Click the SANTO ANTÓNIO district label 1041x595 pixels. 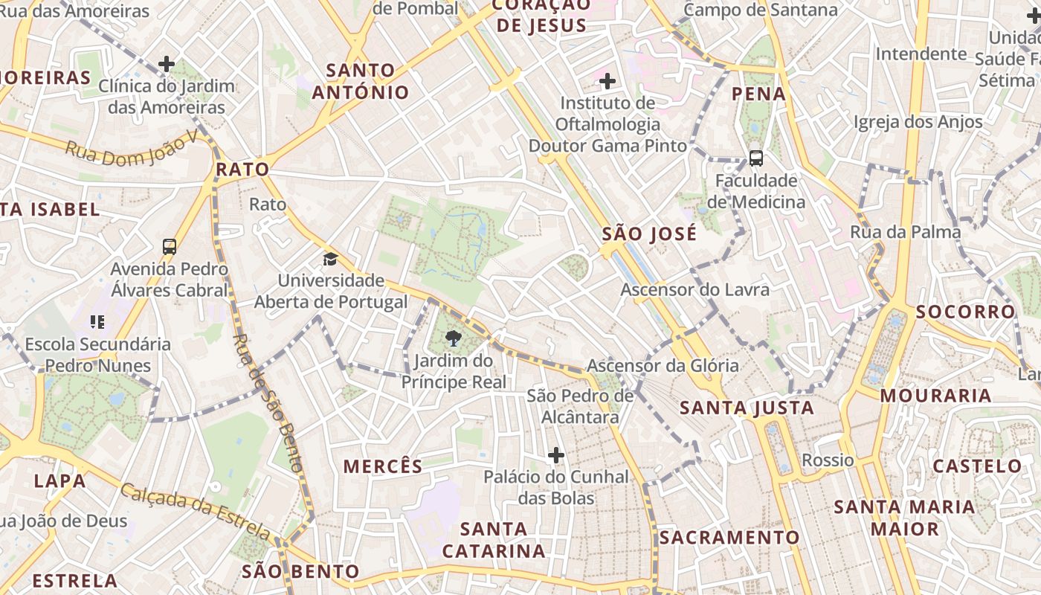click(361, 81)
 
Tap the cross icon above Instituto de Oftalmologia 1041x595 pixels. click(607, 80)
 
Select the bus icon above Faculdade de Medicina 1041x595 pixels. click(755, 158)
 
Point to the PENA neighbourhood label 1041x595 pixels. click(759, 94)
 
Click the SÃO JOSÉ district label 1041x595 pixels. click(649, 234)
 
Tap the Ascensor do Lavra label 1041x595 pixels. click(694, 289)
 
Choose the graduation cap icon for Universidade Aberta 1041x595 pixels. click(329, 259)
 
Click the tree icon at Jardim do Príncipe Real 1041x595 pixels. click(452, 340)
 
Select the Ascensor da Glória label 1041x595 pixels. click(663, 365)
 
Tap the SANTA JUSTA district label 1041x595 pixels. click(747, 408)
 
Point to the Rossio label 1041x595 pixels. click(828, 460)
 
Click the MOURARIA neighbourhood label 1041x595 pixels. click(935, 395)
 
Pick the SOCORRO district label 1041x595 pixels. click(965, 312)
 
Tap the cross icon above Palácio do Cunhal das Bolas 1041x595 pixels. click(555, 455)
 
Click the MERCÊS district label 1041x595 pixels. click(382, 466)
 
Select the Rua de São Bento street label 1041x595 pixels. click(268, 402)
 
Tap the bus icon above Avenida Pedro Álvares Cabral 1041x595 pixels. click(170, 246)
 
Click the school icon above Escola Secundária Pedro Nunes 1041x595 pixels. click(97, 322)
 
